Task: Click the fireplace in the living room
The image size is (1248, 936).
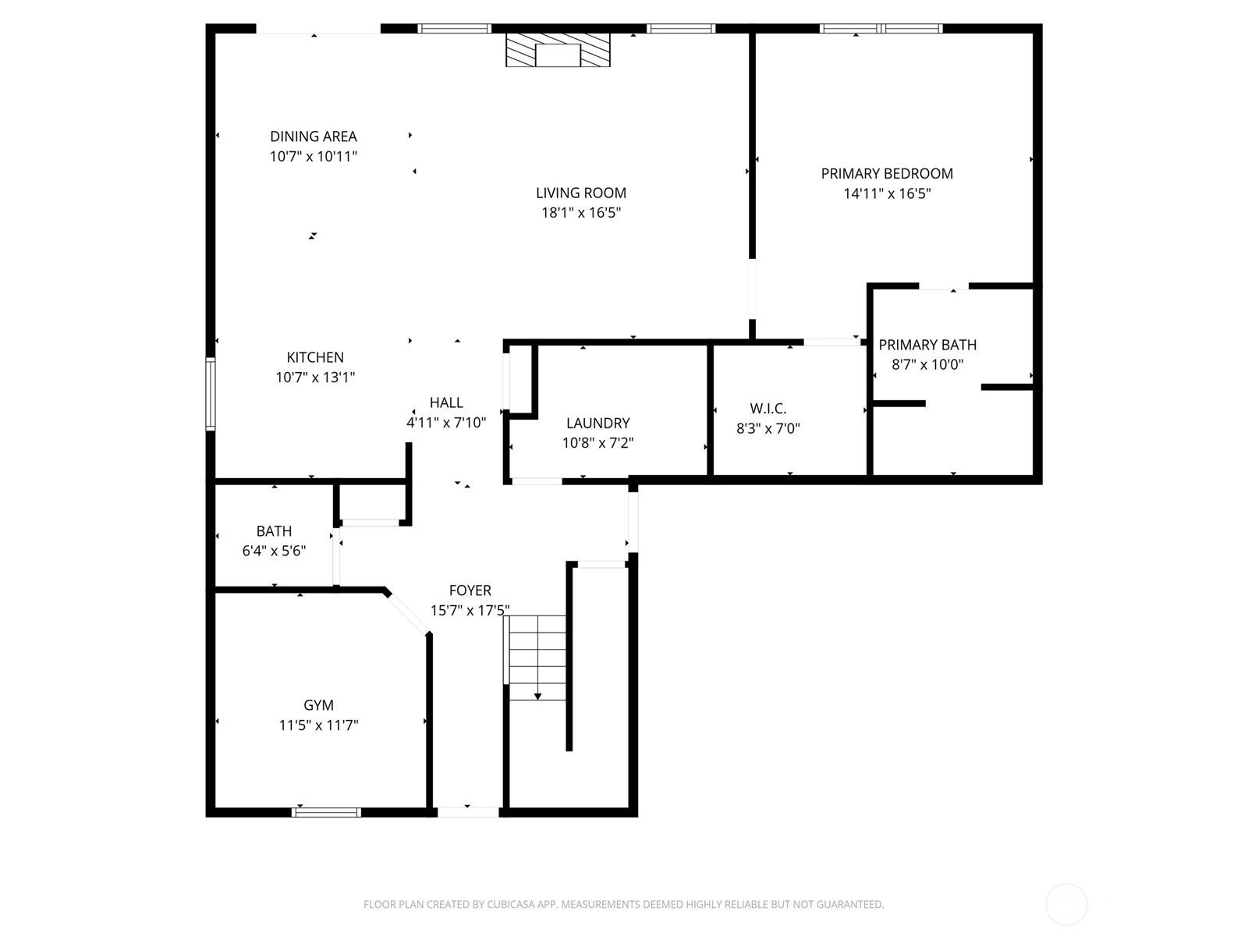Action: [x=558, y=50]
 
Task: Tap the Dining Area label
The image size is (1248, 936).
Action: [x=314, y=136]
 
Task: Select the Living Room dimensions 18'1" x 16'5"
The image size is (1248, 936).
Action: [x=581, y=212]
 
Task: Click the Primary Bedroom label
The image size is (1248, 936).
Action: [x=887, y=173]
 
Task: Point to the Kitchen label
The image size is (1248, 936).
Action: [x=315, y=357]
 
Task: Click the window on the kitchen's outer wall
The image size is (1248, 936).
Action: [x=211, y=393]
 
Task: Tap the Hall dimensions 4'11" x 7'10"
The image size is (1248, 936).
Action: [x=446, y=422]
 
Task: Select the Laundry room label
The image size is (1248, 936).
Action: [x=598, y=423]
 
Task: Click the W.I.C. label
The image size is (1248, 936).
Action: [x=768, y=408]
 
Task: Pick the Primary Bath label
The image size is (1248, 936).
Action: [x=927, y=345]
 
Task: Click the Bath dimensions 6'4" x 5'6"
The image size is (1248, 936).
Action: [x=274, y=551]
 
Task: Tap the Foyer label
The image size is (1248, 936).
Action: [x=470, y=590]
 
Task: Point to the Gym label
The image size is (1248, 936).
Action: [x=318, y=704]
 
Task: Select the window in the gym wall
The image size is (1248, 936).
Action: [x=326, y=812]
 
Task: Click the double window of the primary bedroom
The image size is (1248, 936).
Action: [x=881, y=28]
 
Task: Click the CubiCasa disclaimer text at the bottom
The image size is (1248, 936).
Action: [x=624, y=904]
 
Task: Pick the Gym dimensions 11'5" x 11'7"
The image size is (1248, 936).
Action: [x=318, y=725]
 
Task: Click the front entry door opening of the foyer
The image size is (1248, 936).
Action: [x=468, y=812]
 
